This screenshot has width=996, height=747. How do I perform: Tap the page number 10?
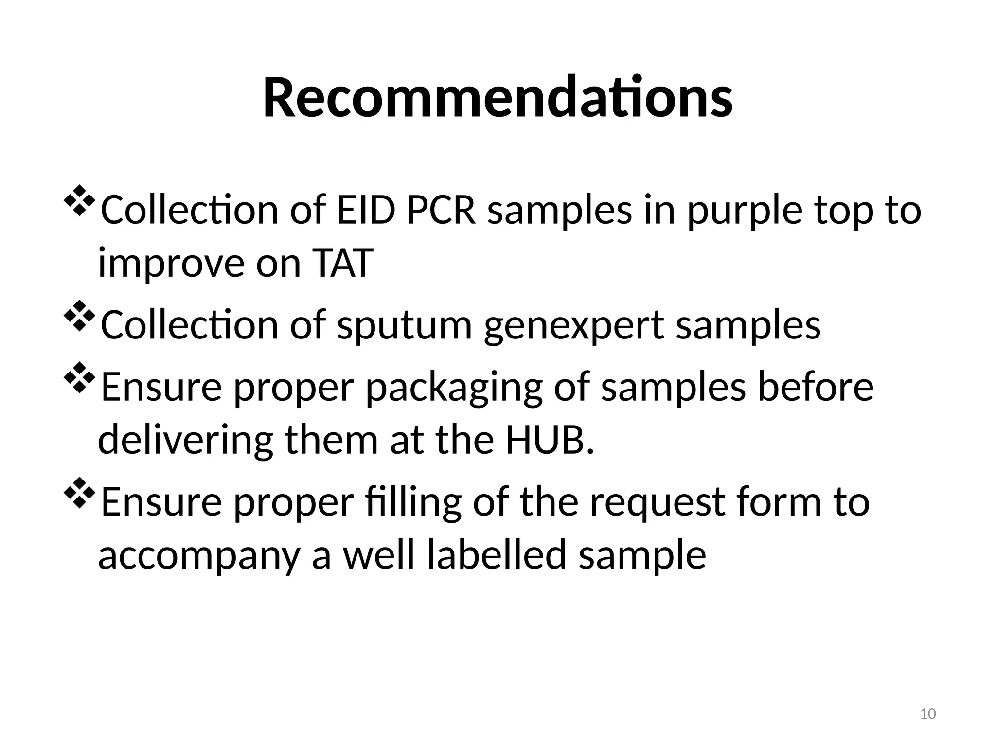pyautogui.click(x=928, y=714)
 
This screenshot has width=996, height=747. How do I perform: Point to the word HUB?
pyautogui.click(x=550, y=440)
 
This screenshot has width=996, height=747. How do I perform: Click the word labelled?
pyautogui.click(x=497, y=555)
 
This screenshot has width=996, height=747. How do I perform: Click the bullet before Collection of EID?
pyautogui.click(x=78, y=200)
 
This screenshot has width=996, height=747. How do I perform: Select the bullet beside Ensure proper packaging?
pyautogui.click(x=78, y=377)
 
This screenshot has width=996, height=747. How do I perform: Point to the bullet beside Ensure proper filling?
pyautogui.click(x=78, y=493)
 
